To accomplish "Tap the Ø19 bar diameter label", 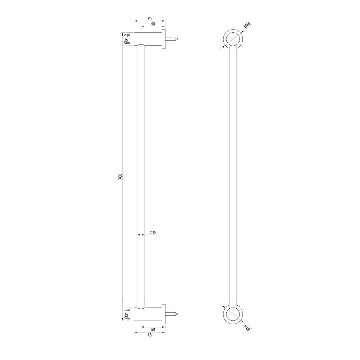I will [x=152, y=232].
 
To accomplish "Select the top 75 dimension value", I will [x=149, y=18].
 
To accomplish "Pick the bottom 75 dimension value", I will [x=149, y=335].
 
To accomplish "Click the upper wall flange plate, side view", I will [x=164, y=39].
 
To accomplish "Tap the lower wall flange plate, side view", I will [x=164, y=314].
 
